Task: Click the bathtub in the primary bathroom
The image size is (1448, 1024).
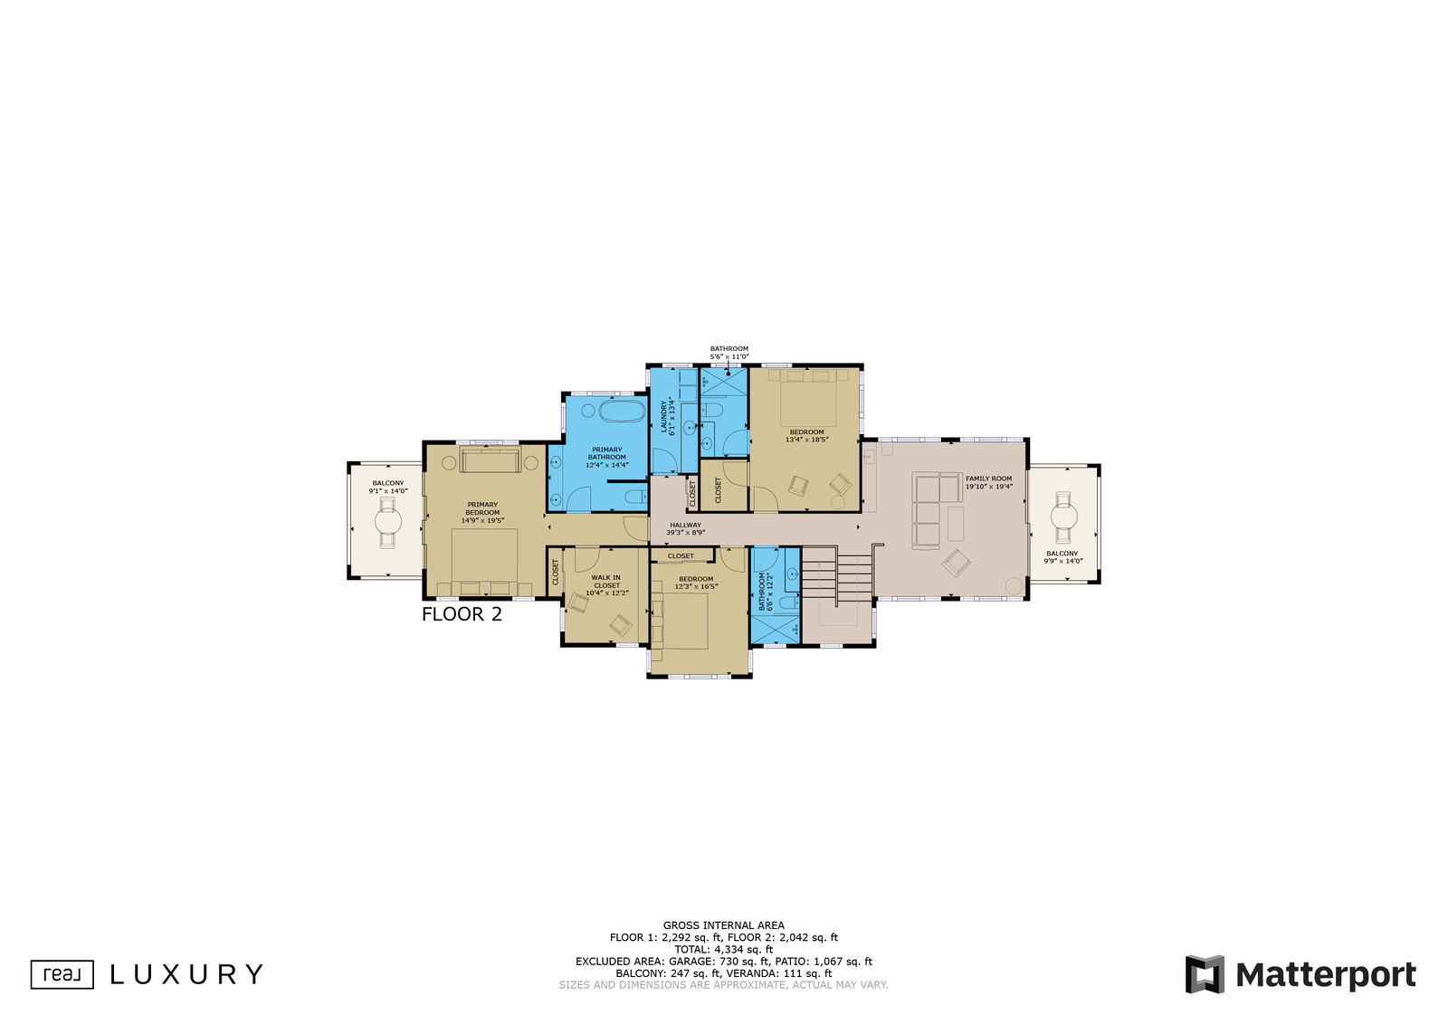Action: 622,411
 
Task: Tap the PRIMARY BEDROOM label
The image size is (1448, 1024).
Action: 482,508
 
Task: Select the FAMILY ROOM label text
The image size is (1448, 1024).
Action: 988,479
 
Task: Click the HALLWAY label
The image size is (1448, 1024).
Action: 685,526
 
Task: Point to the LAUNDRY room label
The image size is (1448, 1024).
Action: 664,417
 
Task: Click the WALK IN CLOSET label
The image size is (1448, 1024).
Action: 606,582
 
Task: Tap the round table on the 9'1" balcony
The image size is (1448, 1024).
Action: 388,521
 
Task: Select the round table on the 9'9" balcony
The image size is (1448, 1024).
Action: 1063,517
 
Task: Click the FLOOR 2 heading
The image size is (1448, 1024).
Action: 462,613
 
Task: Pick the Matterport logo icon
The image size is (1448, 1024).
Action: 1205,974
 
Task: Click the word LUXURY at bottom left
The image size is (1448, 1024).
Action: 186,974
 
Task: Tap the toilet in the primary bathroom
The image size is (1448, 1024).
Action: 636,497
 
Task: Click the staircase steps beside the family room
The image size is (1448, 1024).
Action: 837,576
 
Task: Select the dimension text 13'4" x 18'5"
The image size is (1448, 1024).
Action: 806,440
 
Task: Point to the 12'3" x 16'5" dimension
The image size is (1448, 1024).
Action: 696,586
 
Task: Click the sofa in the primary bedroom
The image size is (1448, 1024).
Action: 490,460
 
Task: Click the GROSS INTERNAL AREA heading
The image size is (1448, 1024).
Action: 723,925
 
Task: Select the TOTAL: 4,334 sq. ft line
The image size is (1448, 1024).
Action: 723,949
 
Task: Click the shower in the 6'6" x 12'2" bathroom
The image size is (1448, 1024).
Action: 776,629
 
